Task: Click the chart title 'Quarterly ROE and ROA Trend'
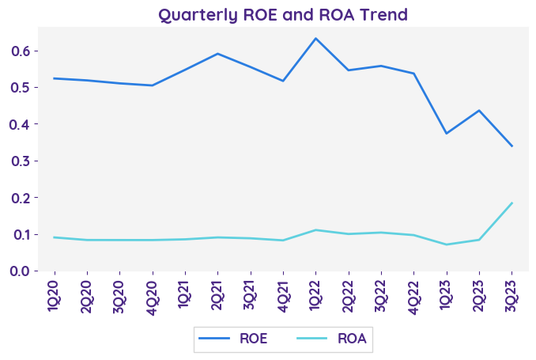283,14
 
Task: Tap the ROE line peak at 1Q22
315,38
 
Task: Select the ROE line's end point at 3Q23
511,146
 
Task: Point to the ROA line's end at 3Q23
511,203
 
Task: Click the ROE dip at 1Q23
446,133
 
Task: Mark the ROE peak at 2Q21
217,54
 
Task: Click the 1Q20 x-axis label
54,296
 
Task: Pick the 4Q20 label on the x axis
153,296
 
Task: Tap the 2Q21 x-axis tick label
217,296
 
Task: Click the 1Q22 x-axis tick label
315,296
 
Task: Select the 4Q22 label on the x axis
413,296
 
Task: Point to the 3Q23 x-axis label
511,296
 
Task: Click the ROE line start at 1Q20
54,78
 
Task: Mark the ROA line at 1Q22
315,230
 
